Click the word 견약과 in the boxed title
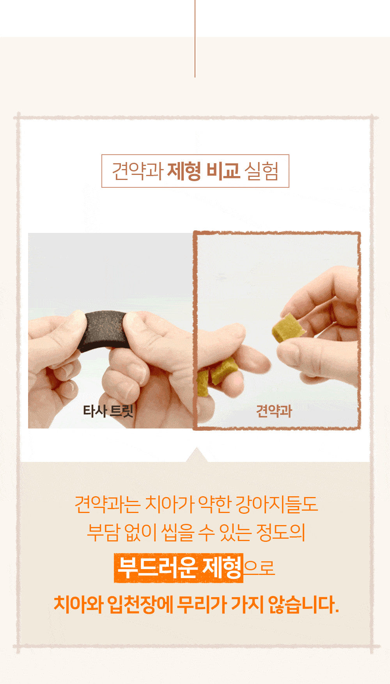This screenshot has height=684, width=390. (137, 171)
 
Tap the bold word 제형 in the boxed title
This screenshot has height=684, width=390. (184, 171)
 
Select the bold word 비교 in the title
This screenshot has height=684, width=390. (223, 171)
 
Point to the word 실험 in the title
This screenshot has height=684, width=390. (261, 171)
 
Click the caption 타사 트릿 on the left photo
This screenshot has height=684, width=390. (108, 411)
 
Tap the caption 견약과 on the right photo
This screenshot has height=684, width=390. (274, 411)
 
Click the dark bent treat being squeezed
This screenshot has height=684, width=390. (104, 330)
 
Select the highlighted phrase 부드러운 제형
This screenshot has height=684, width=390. (179, 568)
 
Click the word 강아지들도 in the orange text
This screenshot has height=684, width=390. (277, 504)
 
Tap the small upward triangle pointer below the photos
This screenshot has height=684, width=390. (197, 455)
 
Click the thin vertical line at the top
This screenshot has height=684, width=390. (195, 39)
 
